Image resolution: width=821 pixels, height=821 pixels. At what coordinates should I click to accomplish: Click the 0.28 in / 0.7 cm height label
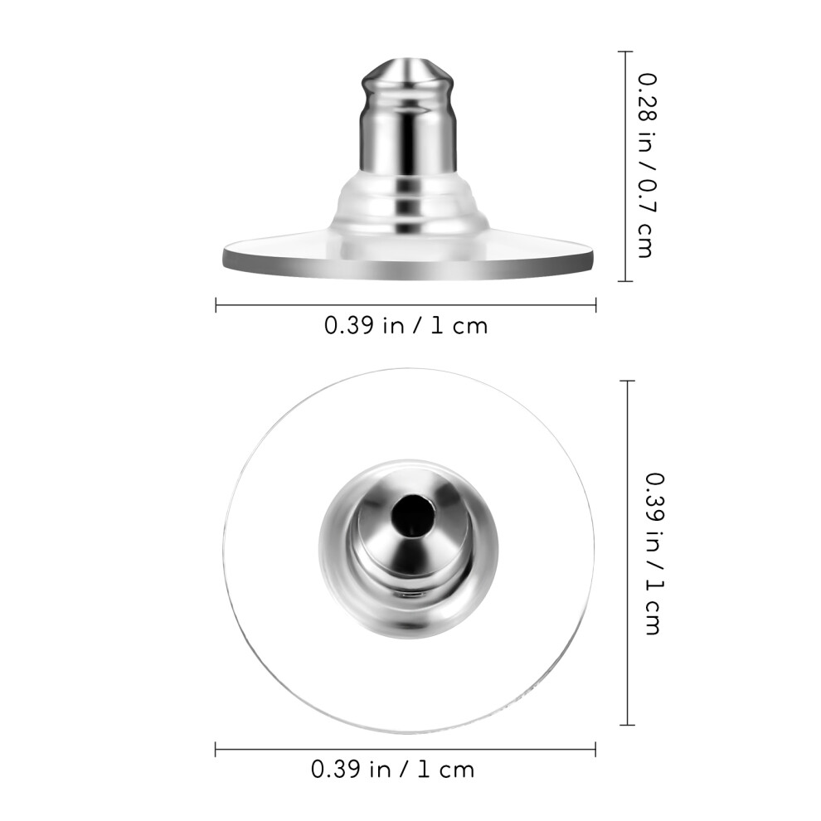(x=645, y=166)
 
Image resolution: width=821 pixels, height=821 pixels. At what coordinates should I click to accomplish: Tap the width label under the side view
(x=406, y=326)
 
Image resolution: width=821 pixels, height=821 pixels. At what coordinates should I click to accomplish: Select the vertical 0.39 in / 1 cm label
(x=654, y=553)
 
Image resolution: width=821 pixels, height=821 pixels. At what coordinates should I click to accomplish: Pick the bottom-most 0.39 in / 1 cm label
(x=393, y=770)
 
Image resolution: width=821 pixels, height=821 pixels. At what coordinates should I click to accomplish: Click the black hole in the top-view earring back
(x=413, y=515)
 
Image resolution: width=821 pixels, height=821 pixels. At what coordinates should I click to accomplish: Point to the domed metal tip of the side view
(x=408, y=72)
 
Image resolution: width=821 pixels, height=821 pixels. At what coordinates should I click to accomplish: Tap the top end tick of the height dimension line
(x=625, y=52)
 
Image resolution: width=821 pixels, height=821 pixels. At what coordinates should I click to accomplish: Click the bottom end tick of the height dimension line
(x=625, y=281)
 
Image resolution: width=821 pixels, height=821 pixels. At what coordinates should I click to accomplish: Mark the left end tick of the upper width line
(x=216, y=304)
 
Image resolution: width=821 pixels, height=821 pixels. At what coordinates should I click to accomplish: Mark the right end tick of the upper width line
(x=595, y=304)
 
